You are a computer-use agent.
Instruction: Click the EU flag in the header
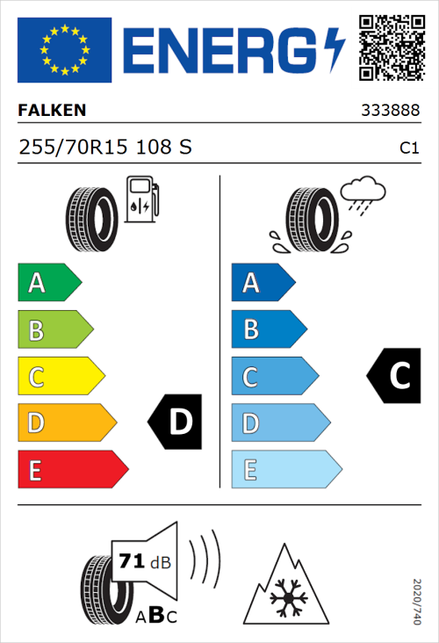[64, 50]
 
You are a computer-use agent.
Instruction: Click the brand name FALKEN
[52, 111]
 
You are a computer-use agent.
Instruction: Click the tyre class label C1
[408, 149]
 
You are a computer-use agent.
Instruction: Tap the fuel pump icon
[141, 199]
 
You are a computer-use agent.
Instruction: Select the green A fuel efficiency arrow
[48, 283]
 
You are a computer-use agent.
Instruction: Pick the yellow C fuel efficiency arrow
[60, 377]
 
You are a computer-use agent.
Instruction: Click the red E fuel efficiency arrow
[71, 470]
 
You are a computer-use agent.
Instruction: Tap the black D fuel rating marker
[176, 423]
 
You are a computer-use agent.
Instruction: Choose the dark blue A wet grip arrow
[262, 283]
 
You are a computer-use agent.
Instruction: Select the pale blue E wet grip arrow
[284, 470]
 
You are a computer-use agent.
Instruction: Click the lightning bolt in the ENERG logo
[335, 50]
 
